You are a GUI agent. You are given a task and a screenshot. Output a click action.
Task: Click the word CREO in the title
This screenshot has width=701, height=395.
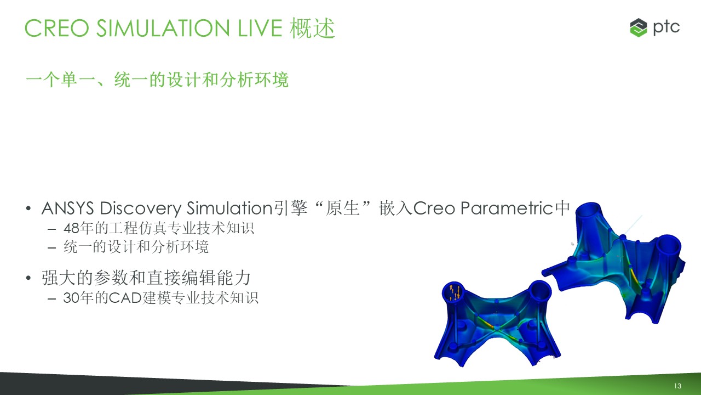click(x=56, y=28)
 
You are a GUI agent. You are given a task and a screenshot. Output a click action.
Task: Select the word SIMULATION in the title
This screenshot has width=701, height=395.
click(x=163, y=28)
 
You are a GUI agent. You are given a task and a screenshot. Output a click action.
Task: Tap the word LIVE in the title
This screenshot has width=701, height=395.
click(x=260, y=28)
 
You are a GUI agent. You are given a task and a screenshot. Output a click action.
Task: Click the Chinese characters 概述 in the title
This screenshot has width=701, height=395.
click(x=312, y=28)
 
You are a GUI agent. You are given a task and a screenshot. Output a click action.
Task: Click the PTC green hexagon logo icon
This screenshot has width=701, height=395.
click(x=639, y=27)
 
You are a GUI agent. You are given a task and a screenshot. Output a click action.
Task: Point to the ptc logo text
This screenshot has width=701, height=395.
click(x=666, y=28)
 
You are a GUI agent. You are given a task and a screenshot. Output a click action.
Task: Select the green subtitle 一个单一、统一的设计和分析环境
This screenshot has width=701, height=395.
click(x=157, y=80)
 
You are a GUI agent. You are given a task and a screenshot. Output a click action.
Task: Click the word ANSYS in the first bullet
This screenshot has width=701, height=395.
click(x=67, y=208)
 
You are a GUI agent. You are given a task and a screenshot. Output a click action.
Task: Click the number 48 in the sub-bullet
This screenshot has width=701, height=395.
click(x=71, y=228)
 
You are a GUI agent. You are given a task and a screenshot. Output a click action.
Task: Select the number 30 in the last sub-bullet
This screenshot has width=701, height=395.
click(x=71, y=298)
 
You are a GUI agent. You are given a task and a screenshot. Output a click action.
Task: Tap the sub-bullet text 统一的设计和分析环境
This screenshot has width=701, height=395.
click(x=136, y=247)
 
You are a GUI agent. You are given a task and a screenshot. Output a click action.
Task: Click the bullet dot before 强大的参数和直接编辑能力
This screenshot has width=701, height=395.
click(x=28, y=278)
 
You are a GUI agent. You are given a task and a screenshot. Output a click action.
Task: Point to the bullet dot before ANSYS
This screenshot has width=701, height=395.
click(x=28, y=208)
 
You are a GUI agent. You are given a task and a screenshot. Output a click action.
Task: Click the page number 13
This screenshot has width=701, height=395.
click(x=677, y=386)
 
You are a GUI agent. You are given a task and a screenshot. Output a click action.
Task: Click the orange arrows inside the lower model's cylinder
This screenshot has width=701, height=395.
click(x=455, y=292)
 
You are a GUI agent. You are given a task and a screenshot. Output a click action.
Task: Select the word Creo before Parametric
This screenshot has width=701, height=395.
click(x=434, y=208)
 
